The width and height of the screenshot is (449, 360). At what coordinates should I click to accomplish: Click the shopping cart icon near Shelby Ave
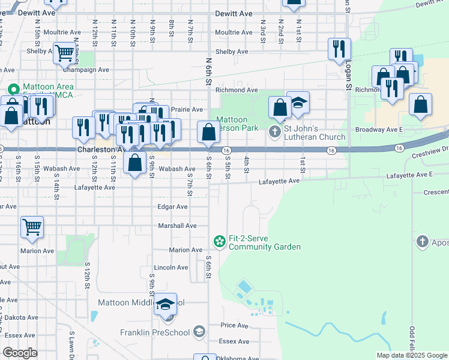click(64, 53)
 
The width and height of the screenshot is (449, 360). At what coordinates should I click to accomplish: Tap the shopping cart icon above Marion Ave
click(32, 227)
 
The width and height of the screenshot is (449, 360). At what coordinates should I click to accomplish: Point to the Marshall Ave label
click(177, 226)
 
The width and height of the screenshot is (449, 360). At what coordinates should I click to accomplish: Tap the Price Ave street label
click(234, 325)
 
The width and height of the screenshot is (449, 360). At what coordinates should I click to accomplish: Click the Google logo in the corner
click(20, 352)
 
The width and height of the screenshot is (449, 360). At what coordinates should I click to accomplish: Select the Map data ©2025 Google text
click(411, 355)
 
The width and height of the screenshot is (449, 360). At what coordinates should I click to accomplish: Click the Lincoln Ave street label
click(171, 268)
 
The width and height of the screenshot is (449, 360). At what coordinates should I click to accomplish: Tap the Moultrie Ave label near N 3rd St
click(234, 32)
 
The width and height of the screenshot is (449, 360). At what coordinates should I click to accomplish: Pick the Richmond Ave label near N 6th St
click(237, 90)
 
